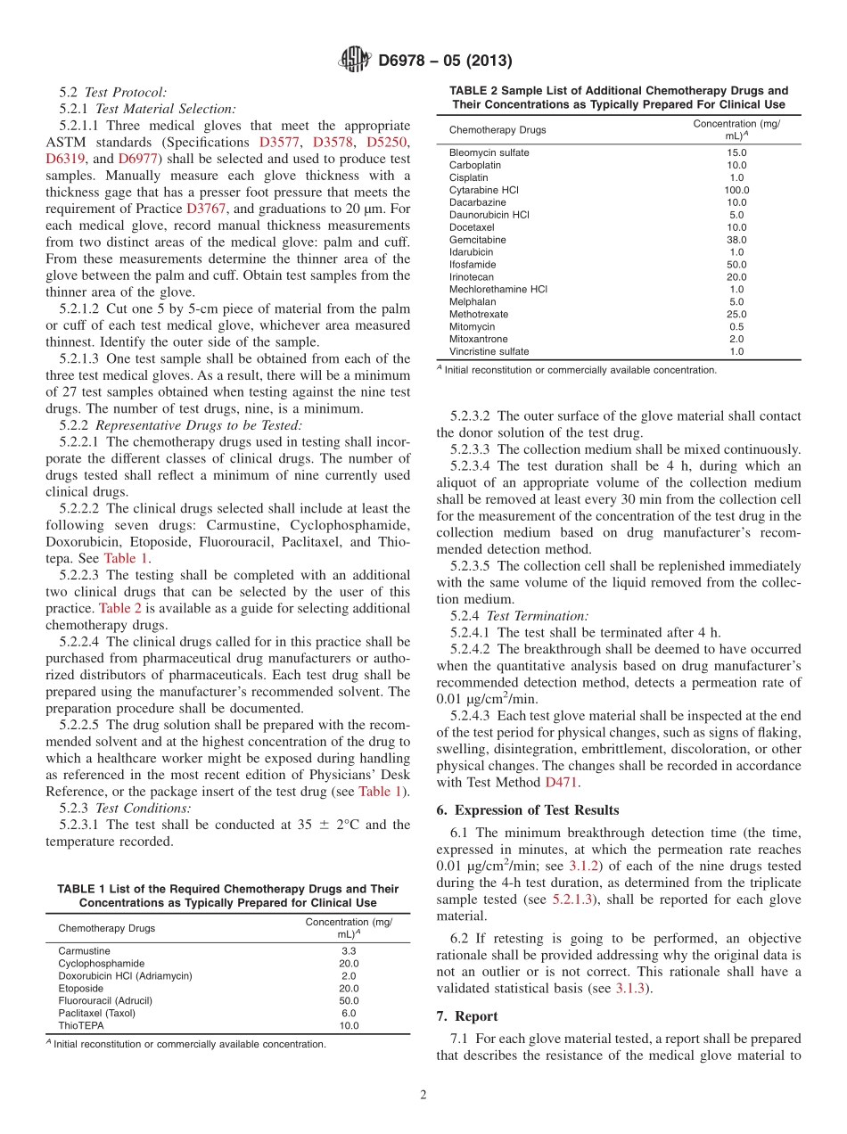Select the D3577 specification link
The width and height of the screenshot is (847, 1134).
tap(279, 142)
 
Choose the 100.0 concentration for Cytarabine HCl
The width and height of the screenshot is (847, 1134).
tap(736, 190)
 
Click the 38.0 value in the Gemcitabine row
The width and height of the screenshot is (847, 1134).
tap(736, 240)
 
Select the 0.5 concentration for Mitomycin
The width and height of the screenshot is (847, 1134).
tap(736, 326)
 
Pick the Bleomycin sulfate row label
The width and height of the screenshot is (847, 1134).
tap(489, 152)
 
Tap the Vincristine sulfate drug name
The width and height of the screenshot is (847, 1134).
tap(489, 351)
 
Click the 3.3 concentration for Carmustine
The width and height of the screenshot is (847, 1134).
tap(349, 951)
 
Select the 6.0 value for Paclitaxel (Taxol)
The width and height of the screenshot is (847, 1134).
tap(349, 1013)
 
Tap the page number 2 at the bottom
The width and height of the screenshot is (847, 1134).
tap(423, 1095)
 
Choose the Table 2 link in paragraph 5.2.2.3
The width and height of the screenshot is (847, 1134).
tap(119, 609)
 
